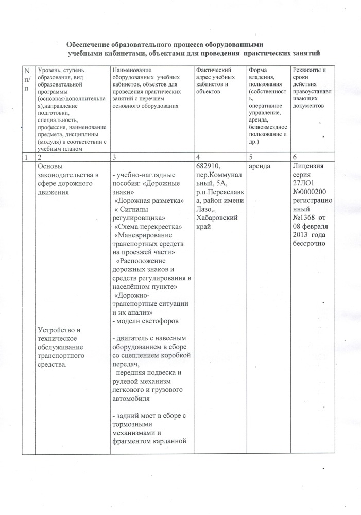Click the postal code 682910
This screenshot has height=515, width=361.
[209, 166]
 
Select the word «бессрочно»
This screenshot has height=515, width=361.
[312, 244]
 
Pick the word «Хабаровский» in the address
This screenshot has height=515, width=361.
[217, 218]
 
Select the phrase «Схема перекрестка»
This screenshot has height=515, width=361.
[148, 227]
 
